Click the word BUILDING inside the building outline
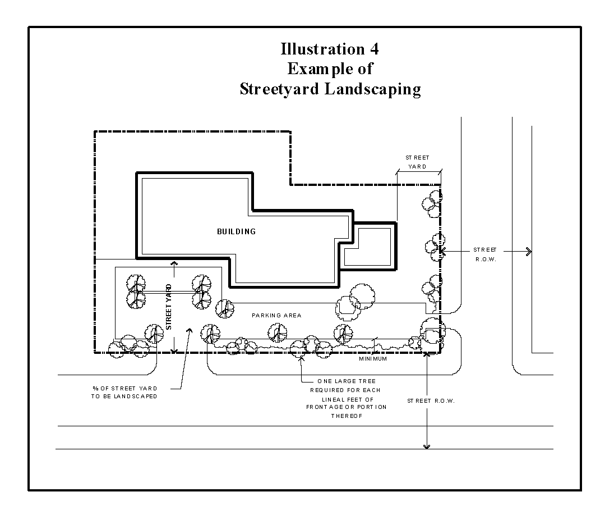(x=236, y=231)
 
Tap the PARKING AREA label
(x=276, y=316)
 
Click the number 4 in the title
(x=374, y=49)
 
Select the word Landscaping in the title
(x=373, y=89)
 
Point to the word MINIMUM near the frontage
(x=373, y=358)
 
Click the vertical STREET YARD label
(x=169, y=307)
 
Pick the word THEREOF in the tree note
(x=347, y=416)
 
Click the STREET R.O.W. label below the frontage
(x=431, y=401)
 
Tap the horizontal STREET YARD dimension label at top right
(x=417, y=162)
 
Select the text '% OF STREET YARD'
(x=125, y=388)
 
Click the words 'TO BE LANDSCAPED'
(x=124, y=397)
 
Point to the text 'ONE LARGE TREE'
(x=347, y=381)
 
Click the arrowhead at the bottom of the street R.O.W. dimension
(x=427, y=447)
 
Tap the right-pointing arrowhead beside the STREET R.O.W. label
(x=529, y=251)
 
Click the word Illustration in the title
(x=323, y=49)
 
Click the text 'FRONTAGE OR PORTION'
(x=347, y=407)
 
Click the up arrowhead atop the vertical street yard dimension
(x=174, y=263)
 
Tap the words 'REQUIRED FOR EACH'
(x=345, y=390)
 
